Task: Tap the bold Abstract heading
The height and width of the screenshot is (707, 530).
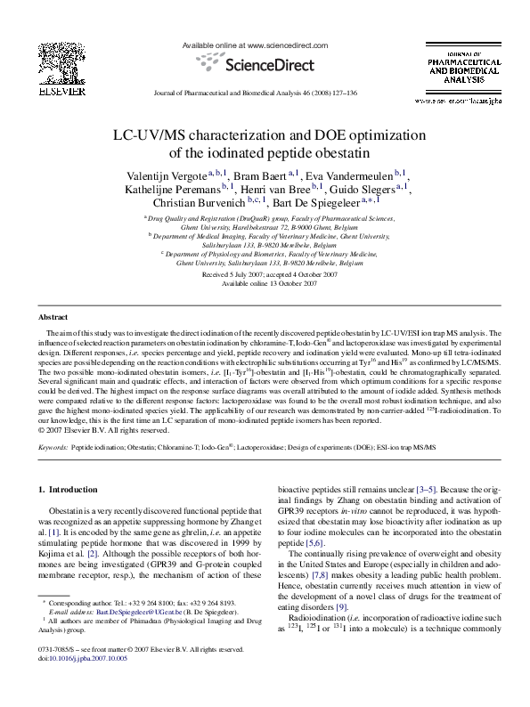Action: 54,317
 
